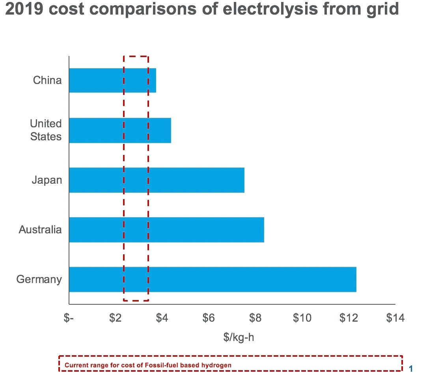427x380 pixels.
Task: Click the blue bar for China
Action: point(112,80)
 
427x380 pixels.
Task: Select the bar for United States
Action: point(120,130)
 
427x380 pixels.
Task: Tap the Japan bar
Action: point(157,180)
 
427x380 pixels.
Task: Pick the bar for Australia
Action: point(166,230)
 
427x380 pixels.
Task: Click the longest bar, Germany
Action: point(213,279)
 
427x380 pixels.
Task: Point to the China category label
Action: point(47,80)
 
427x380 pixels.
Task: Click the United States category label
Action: point(46,130)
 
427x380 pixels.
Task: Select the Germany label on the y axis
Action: point(39,279)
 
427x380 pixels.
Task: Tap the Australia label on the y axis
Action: point(40,230)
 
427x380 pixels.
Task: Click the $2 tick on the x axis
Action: point(115,318)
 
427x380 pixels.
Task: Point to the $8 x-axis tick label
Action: point(255,318)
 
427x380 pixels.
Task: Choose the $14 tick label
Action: point(395,318)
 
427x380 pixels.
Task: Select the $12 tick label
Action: point(349,318)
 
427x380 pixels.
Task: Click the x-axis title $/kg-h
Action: point(239,337)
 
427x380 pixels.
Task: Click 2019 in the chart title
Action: point(25,9)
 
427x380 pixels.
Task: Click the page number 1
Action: point(411,369)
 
